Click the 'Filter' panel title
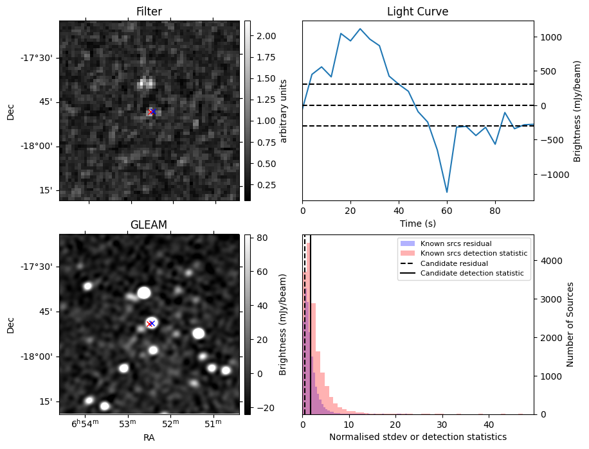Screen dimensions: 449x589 coord(149,12)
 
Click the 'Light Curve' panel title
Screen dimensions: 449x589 coord(417,12)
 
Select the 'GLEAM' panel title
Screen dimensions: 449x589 coord(149,225)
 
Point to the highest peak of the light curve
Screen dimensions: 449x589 coord(360,29)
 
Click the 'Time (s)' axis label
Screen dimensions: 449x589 coord(417,223)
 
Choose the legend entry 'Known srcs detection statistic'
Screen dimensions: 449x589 coord(473,254)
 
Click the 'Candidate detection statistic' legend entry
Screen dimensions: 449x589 coord(471,274)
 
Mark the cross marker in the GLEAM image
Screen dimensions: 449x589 coord(152,324)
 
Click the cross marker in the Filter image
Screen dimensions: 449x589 coord(152,112)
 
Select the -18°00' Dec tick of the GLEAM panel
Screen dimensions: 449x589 coord(37,357)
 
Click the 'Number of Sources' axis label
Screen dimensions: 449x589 coord(570,324)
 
